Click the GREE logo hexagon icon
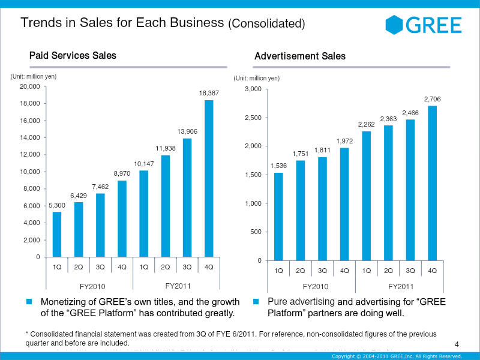tap(395, 24)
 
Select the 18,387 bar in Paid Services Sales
tap(209, 179)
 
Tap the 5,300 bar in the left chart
tap(57, 234)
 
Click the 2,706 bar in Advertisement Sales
tap(432, 183)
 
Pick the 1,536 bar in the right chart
tap(278, 217)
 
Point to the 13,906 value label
tap(187, 131)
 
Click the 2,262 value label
tap(367, 124)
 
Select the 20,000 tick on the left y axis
tap(30, 87)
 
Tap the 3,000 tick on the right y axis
tap(253, 89)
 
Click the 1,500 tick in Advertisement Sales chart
tap(253, 175)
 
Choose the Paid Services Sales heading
tap(73, 56)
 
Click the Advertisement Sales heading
tap(300, 56)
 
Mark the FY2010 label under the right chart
tap(316, 287)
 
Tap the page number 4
tap(457, 344)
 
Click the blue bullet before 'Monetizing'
tap(28, 301)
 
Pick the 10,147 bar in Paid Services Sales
tap(144, 214)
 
